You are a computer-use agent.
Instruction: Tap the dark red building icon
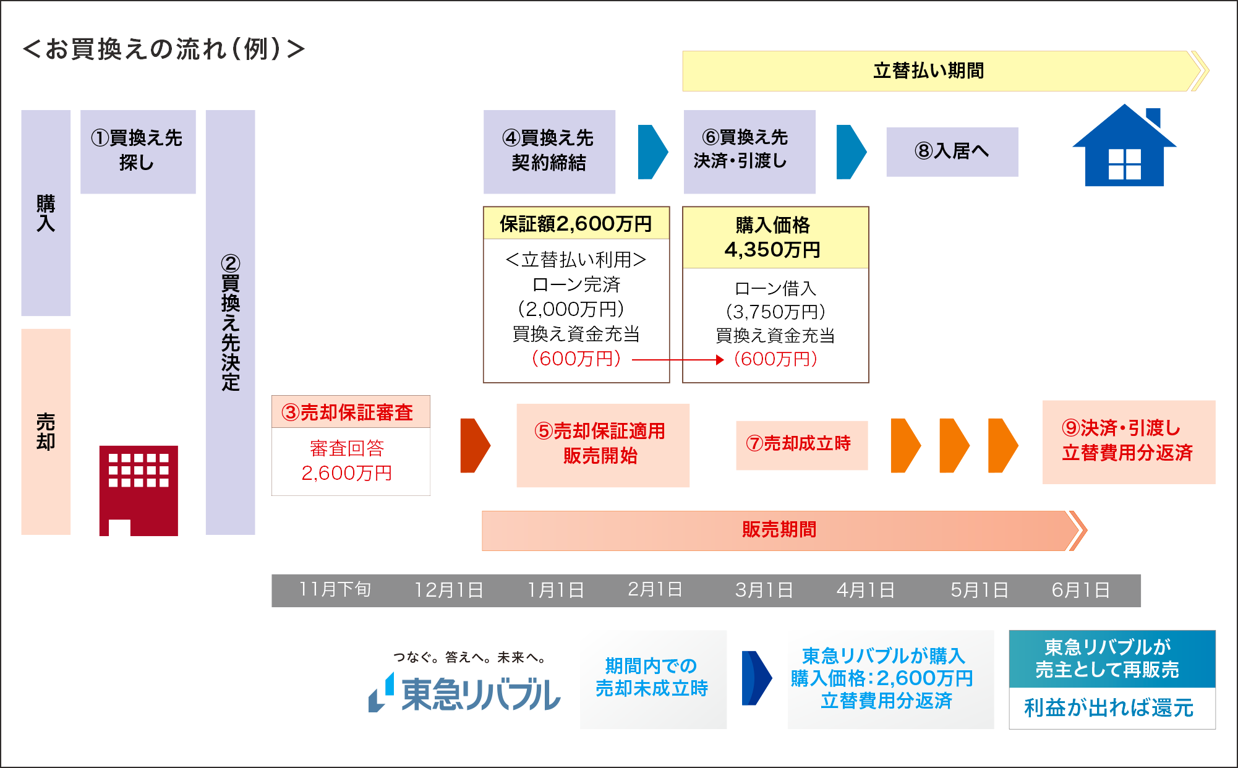click(139, 490)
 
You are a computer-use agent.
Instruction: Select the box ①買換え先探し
click(138, 151)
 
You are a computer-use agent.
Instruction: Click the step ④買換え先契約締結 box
click(549, 151)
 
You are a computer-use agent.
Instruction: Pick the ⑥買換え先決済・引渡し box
click(749, 151)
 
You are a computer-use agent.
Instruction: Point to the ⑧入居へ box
click(952, 151)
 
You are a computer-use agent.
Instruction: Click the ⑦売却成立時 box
click(801, 445)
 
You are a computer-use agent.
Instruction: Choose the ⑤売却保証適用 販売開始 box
click(603, 445)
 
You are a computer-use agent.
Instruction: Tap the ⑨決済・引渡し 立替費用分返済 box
click(1129, 442)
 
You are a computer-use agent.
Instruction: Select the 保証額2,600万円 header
click(576, 223)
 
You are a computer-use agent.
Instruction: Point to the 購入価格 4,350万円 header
click(775, 237)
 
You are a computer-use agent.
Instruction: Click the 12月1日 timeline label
click(449, 590)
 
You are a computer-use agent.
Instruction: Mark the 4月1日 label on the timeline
click(866, 590)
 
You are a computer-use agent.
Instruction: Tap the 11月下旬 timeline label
click(335, 589)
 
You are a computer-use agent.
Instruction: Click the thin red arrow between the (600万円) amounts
click(678, 359)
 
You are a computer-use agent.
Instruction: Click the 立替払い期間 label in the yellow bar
click(929, 70)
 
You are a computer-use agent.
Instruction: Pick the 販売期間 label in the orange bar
click(779, 530)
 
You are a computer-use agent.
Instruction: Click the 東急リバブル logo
click(464, 693)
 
